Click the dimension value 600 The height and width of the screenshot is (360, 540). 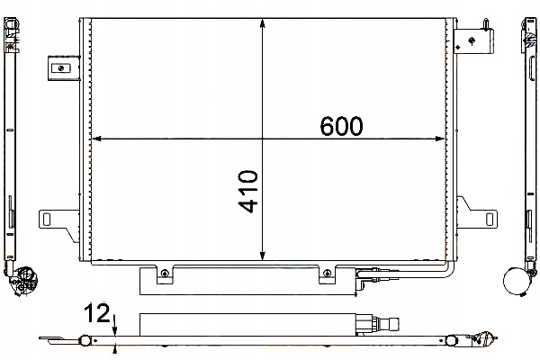(x=341, y=127)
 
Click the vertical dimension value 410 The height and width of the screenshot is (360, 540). (x=248, y=191)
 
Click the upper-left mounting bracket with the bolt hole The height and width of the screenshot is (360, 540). (x=61, y=67)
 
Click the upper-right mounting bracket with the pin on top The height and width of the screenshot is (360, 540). (x=474, y=38)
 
